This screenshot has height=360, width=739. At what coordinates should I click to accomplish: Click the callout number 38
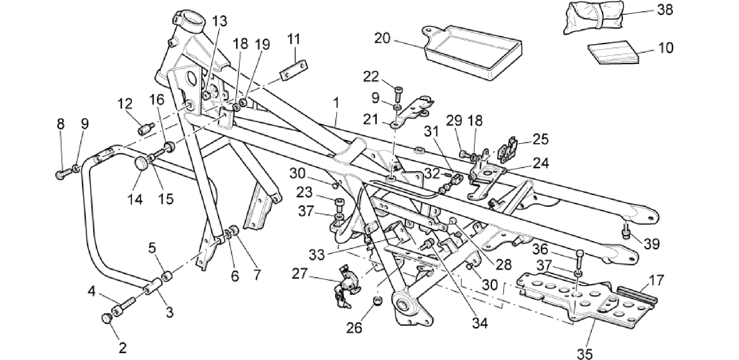(x=665, y=9)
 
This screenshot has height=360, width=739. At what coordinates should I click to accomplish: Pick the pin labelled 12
(x=146, y=128)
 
